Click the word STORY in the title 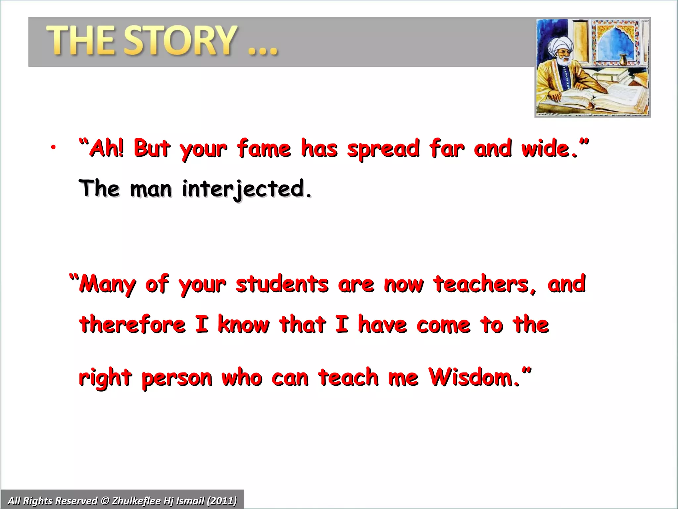[x=181, y=40]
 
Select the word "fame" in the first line [x=264, y=148]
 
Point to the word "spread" [x=383, y=149]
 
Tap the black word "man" [x=151, y=189]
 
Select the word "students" [x=282, y=284]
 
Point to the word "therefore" [x=132, y=324]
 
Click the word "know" [x=243, y=324]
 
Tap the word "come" [x=443, y=325]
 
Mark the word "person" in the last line [x=177, y=378]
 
